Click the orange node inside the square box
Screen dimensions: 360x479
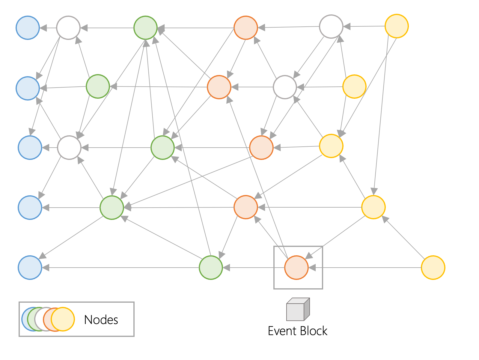296,268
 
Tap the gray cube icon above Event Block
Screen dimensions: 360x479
298,310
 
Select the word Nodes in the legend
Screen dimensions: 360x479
101,320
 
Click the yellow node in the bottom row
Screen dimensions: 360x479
433,268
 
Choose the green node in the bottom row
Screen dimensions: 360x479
211,268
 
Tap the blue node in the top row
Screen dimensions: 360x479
28,28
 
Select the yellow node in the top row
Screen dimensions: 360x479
396,26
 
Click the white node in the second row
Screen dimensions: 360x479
285,87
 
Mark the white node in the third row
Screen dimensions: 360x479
69,148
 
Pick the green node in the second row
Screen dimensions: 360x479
98,86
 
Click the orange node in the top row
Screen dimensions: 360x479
246,28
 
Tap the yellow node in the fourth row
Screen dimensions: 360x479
373,207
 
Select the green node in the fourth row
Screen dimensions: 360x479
112,208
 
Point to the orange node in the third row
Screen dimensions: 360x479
261,148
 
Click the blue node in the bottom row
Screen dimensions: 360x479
30,268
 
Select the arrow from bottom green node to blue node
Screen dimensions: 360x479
120,268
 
